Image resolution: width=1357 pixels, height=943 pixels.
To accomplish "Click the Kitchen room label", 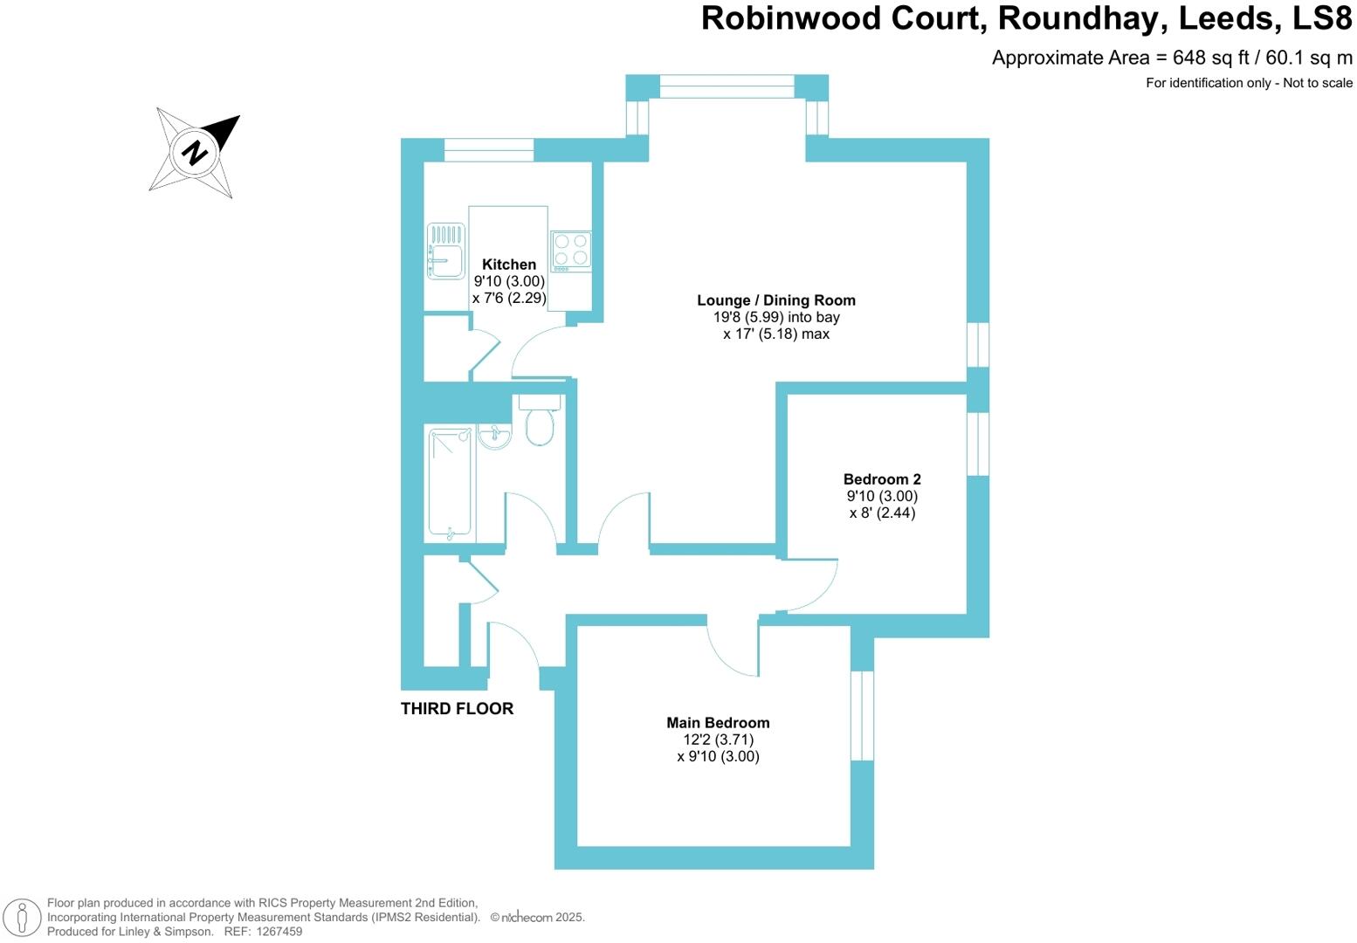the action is [x=509, y=265].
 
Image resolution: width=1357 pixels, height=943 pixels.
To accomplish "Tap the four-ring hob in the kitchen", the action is [x=571, y=250].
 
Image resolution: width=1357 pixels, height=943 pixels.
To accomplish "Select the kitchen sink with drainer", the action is [x=445, y=251].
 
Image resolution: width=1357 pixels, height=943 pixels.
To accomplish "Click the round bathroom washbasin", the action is [x=494, y=436].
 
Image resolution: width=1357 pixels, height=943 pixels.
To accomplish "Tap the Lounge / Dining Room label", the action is [x=775, y=300].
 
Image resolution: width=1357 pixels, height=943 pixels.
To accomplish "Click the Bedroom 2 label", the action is [x=882, y=479].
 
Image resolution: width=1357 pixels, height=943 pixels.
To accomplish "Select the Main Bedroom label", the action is [x=718, y=723].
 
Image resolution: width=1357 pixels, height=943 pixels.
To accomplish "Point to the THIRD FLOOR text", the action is [x=457, y=709].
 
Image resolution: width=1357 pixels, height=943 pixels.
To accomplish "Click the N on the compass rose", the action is [x=196, y=152].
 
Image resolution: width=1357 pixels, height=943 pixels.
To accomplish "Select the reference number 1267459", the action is [x=276, y=932].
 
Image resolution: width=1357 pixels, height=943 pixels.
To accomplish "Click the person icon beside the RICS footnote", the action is [x=24, y=918].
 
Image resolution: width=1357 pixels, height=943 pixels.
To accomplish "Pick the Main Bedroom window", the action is [x=862, y=715].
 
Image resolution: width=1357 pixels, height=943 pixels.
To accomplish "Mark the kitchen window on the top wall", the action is [x=488, y=150].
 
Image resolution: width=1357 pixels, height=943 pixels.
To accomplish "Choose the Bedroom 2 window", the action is [x=978, y=444].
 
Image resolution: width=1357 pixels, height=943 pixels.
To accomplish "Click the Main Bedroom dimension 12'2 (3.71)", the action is [x=718, y=740].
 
